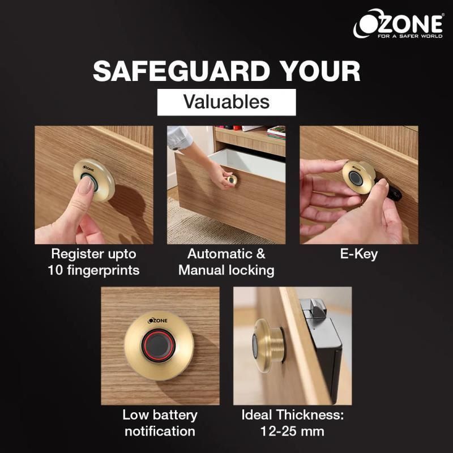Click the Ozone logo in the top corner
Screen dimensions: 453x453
click(x=398, y=24)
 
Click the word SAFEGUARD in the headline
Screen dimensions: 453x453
click(x=181, y=71)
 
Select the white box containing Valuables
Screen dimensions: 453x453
click(x=226, y=102)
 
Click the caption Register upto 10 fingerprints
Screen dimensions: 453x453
click(x=93, y=262)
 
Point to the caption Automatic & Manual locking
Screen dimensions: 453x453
click(x=226, y=262)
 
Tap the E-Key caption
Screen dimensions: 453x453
click(x=359, y=254)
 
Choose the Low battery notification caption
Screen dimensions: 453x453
click(x=160, y=423)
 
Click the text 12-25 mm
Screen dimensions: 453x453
click(x=292, y=431)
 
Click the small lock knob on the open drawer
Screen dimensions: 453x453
click(x=232, y=180)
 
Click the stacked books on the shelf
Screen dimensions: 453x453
click(x=276, y=133)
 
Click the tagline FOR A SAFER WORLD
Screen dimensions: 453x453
click(x=410, y=36)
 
